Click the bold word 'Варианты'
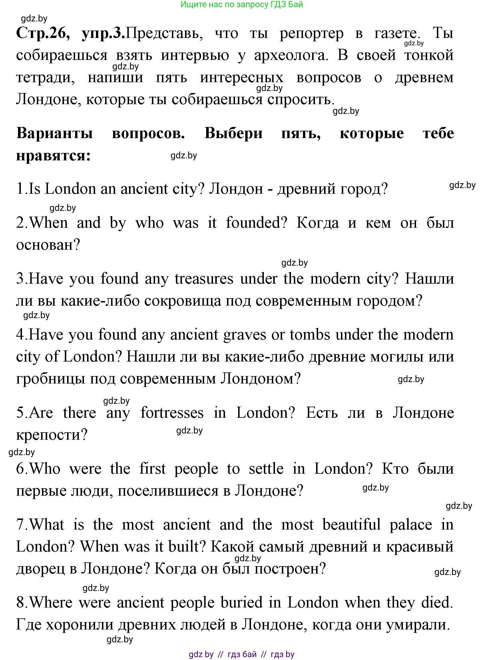click(55, 134)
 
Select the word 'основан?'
click(48, 245)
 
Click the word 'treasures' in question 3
click(204, 278)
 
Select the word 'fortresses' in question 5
click(172, 413)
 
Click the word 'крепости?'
click(52, 435)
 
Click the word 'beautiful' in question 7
click(351, 525)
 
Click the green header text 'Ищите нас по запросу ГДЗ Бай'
click(242, 4)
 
